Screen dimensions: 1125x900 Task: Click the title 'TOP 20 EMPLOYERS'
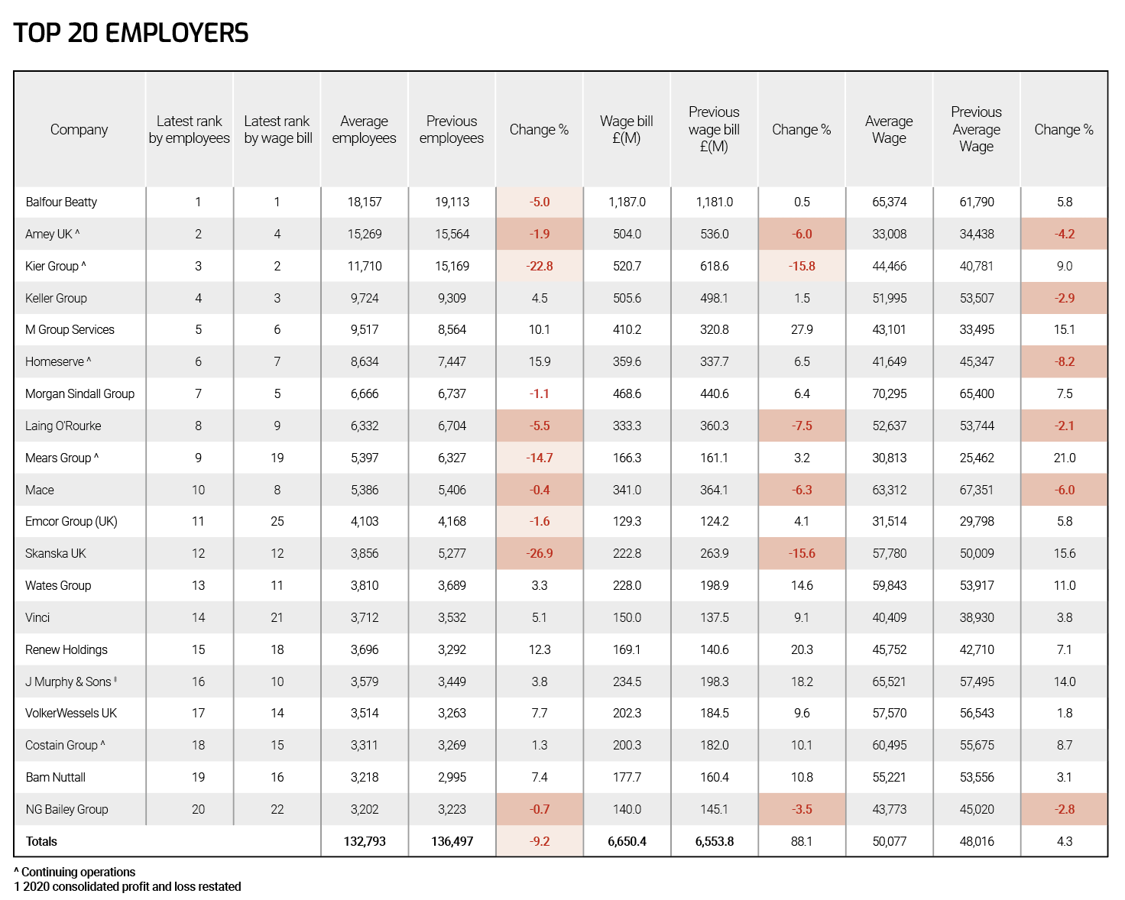tap(131, 33)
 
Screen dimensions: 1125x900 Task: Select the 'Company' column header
tap(79, 129)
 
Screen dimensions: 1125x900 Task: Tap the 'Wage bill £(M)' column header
tap(626, 129)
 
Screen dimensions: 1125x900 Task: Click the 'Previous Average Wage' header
tap(976, 129)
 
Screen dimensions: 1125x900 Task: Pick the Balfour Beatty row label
tap(61, 202)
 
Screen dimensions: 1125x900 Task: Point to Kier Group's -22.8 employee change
tap(539, 266)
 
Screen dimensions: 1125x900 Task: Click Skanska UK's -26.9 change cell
tap(539, 553)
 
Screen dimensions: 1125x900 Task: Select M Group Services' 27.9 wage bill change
tap(802, 329)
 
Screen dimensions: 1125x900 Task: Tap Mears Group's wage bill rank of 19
tap(277, 458)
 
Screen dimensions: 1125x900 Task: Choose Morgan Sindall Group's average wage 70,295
tap(889, 393)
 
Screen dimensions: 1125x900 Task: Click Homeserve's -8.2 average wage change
tap(1064, 361)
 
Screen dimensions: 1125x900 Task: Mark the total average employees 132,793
tap(365, 841)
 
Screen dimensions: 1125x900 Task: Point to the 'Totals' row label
tap(41, 841)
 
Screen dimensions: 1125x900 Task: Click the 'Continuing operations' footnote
tap(74, 872)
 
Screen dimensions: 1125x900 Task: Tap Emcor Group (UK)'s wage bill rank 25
tap(277, 521)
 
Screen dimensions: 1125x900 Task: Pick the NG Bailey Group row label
tap(67, 809)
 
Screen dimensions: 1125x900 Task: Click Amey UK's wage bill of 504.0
tap(627, 234)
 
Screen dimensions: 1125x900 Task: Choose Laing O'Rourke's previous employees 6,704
tap(452, 426)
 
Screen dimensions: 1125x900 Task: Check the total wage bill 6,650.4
tap(627, 841)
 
